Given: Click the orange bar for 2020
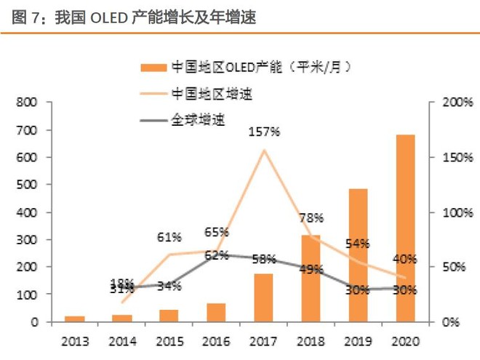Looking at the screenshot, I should point(405,228).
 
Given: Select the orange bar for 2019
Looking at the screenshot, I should point(359,255).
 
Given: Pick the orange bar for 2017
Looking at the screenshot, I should point(263,297).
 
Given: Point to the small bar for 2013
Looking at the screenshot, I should point(74,319).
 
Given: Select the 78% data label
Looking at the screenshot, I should point(311,217).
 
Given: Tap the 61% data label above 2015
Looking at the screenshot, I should point(169,237).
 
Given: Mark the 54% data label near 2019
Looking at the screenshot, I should point(358,244).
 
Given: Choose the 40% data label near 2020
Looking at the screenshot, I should point(404,259).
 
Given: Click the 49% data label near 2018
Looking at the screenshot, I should point(311,270).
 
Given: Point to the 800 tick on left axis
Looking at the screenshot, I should point(27,103).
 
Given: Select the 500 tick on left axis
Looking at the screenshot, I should point(27,185).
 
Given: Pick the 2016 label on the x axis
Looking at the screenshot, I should point(216,340).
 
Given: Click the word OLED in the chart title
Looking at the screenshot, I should point(111,17).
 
